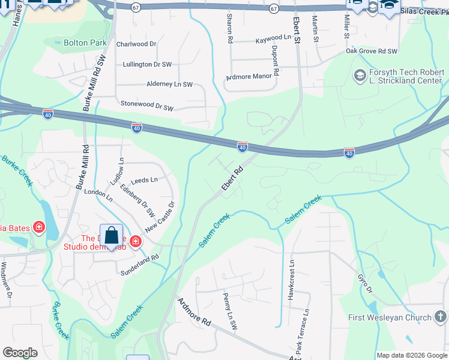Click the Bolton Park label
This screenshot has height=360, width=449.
[x=85, y=43]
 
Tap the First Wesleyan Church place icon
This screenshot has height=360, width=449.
[x=440, y=317]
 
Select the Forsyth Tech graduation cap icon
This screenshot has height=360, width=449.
[x=360, y=76]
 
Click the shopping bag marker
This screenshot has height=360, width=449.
[x=111, y=235]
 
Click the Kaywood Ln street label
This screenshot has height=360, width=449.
[x=277, y=38]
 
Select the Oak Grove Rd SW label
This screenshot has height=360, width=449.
[x=372, y=52]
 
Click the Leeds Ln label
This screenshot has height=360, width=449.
[x=144, y=180]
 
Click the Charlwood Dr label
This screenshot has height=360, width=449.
[x=136, y=44]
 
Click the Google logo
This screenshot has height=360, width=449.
[x=20, y=353]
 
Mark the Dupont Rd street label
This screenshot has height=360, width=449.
[x=276, y=61]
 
